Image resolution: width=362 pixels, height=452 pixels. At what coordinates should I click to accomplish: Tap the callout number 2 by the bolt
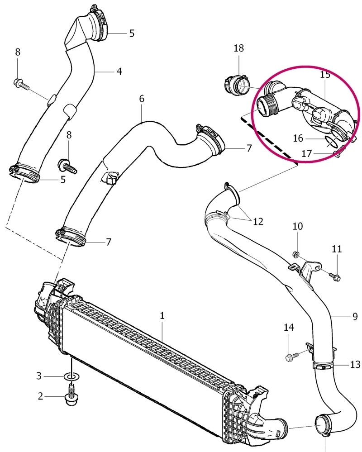40,396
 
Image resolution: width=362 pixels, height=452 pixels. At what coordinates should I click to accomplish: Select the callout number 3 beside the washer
39,376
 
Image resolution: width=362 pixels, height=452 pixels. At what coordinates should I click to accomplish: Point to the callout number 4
119,71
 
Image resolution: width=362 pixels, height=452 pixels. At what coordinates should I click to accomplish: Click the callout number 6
142,99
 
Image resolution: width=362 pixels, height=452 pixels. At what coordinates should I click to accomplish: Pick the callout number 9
355,317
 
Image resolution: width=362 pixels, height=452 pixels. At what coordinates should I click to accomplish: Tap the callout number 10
298,226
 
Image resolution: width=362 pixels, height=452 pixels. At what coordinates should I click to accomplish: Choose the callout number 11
336,249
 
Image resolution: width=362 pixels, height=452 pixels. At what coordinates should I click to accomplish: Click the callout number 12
258,221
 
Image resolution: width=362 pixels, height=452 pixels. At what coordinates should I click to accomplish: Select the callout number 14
289,327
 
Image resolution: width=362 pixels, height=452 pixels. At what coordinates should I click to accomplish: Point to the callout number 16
298,138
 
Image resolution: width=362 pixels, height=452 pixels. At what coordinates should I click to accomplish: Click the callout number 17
307,153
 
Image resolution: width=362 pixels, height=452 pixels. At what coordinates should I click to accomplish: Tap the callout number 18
238,48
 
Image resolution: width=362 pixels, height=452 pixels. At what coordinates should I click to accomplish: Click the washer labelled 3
71,376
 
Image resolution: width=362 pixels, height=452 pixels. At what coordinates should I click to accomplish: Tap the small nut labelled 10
295,254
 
